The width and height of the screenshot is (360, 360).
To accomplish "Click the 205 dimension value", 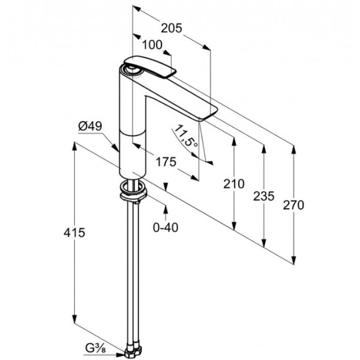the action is [x=171, y=28].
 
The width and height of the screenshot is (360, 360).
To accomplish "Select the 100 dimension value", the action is [x=152, y=45].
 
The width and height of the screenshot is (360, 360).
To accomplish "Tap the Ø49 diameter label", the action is [x=90, y=126].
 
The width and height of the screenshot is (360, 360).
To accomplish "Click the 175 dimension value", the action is [x=166, y=162].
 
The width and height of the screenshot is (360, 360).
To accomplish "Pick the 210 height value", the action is [x=234, y=184].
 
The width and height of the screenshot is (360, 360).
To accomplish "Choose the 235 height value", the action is [x=264, y=196].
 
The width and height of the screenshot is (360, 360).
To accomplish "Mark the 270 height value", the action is [x=293, y=205].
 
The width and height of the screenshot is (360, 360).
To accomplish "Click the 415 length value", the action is [x=74, y=233].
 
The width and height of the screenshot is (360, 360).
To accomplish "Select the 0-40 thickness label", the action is [x=166, y=227].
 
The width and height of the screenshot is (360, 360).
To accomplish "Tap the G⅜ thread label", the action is [x=95, y=349].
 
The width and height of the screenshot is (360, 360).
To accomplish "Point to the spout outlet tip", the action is [x=208, y=114].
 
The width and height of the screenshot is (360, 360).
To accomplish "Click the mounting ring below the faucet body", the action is [x=133, y=190].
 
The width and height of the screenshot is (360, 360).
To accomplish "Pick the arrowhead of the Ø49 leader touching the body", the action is [x=115, y=148].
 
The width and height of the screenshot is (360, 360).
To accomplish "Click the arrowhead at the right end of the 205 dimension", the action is [x=206, y=47].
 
